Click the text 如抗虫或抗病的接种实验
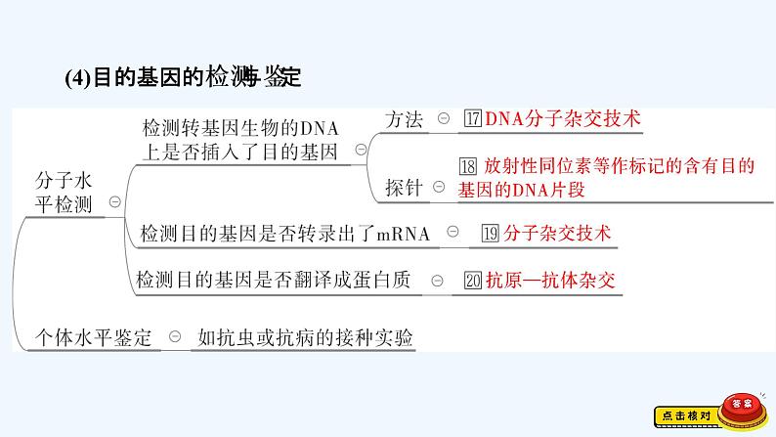click(x=305, y=338)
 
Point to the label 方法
click(x=405, y=120)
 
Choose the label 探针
click(x=404, y=188)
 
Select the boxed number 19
click(x=491, y=234)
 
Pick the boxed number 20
click(x=473, y=282)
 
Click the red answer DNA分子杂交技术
click(x=563, y=120)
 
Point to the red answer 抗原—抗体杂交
click(x=552, y=282)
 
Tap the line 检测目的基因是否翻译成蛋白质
click(x=279, y=282)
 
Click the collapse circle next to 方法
click(x=443, y=120)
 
